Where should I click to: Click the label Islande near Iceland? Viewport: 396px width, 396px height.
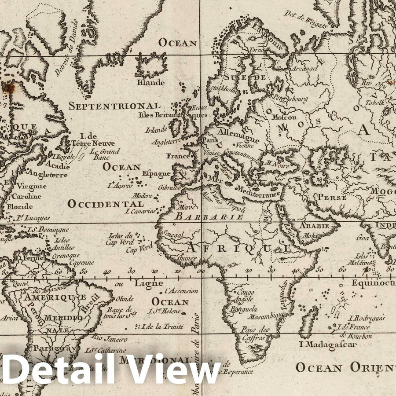[x=151, y=82]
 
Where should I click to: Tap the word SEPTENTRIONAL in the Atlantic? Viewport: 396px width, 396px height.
[x=114, y=106]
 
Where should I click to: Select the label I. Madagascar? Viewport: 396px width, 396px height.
[x=327, y=345]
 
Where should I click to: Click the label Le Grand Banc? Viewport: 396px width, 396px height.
[x=105, y=153]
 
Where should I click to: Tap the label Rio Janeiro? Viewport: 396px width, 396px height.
[x=110, y=339]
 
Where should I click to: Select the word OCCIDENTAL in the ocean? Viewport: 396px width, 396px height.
[x=106, y=204]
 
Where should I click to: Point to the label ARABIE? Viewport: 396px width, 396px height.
[x=314, y=226]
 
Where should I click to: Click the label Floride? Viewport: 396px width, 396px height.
[x=20, y=206]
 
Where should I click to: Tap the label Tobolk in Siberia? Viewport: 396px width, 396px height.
[x=374, y=103]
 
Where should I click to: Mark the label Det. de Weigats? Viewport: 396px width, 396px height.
[x=305, y=20]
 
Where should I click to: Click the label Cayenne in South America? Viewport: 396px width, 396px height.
[x=81, y=263]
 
